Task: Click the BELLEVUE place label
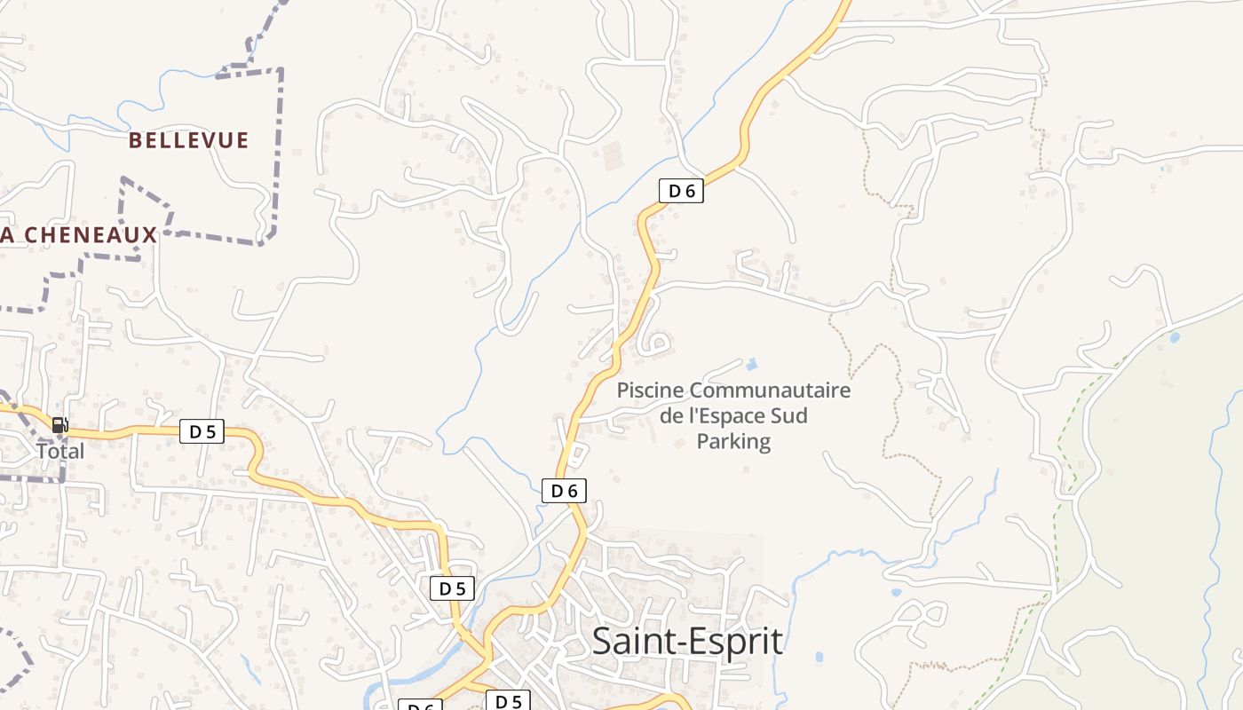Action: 188,140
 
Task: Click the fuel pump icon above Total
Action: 59,425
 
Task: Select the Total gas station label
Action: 60,451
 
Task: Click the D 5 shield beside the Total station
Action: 202,432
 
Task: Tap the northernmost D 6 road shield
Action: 681,190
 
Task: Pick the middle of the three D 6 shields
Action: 564,490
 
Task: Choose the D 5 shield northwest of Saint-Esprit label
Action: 452,588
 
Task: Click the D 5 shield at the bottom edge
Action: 508,701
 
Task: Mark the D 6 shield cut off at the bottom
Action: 420,706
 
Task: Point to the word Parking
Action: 733,441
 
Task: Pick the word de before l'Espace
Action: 672,415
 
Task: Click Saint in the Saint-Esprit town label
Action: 633,641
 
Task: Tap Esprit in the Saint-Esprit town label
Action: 740,641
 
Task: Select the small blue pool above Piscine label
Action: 752,364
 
